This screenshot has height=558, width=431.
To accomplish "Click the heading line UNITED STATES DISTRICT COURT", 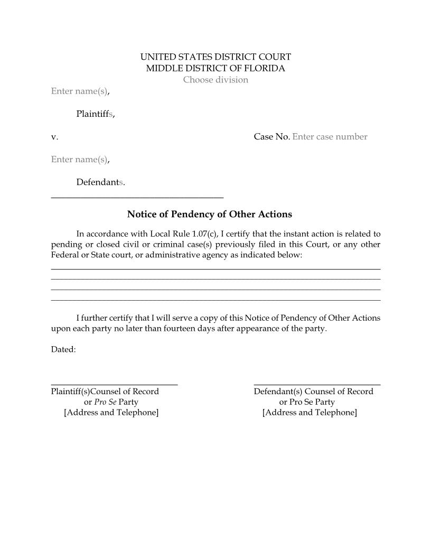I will click(x=215, y=57).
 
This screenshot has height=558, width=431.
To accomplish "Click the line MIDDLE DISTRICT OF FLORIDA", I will click(x=215, y=68).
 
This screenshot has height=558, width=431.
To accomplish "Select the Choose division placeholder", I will click(x=215, y=80).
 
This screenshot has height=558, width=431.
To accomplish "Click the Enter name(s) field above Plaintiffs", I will click(x=79, y=91).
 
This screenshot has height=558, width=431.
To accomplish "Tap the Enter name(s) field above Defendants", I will click(x=79, y=160).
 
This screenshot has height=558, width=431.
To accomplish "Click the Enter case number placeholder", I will click(x=330, y=137).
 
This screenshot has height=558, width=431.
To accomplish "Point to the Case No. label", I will click(x=271, y=137).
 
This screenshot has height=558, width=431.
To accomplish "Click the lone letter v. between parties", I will click(x=54, y=137).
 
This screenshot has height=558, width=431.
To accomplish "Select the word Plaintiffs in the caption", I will click(x=95, y=114).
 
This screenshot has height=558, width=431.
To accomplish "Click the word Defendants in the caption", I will click(x=100, y=182).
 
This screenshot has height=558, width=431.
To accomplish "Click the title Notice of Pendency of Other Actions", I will click(x=209, y=214).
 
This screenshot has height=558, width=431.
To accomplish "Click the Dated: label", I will click(x=63, y=349).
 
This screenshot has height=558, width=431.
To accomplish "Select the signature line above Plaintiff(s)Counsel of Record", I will click(x=114, y=385).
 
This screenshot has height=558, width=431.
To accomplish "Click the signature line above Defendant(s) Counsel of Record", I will click(x=317, y=385).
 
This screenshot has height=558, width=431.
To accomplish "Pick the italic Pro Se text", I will click(x=105, y=402).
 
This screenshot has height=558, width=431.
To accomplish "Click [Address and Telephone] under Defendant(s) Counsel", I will click(x=310, y=412).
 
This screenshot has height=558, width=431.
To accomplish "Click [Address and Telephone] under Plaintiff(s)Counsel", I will click(x=111, y=412).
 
